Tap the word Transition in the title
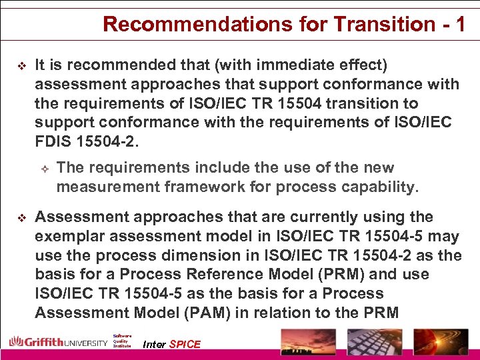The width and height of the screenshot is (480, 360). (x=373, y=24)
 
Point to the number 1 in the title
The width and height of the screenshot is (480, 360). (x=459, y=24)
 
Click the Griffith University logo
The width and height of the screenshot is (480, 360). (x=58, y=343)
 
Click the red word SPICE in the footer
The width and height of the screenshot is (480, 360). (x=185, y=344)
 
